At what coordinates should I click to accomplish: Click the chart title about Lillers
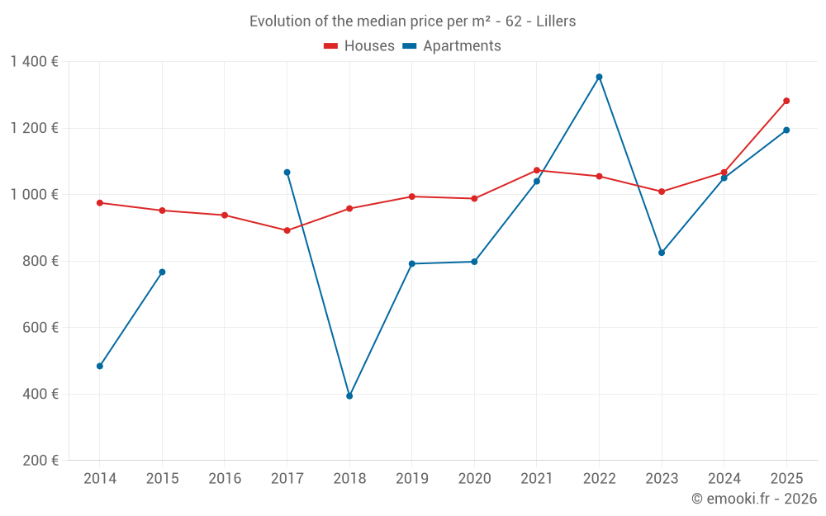tap(412, 21)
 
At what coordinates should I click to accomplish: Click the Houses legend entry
tap(359, 46)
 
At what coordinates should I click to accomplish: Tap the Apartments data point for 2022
tap(599, 77)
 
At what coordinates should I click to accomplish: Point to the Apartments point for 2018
tap(349, 396)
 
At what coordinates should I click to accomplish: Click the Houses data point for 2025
tap(786, 101)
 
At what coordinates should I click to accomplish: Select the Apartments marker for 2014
tap(100, 366)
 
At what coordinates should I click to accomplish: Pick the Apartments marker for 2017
tap(287, 173)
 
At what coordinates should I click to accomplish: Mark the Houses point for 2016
tap(225, 215)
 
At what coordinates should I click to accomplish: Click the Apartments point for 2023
tap(662, 253)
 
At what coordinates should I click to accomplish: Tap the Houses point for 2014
tap(100, 202)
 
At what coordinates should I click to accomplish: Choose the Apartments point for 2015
tap(162, 272)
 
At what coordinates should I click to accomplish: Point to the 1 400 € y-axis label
tap(34, 62)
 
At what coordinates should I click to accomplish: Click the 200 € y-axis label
tap(40, 461)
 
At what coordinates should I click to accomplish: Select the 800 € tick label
tap(40, 261)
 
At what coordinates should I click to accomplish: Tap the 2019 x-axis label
tap(411, 479)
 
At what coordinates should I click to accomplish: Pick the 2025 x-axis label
tap(786, 479)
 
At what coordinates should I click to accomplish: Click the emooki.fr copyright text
tap(753, 499)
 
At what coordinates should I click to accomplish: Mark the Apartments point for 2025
tap(786, 130)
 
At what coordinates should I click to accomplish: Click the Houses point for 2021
tap(537, 170)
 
